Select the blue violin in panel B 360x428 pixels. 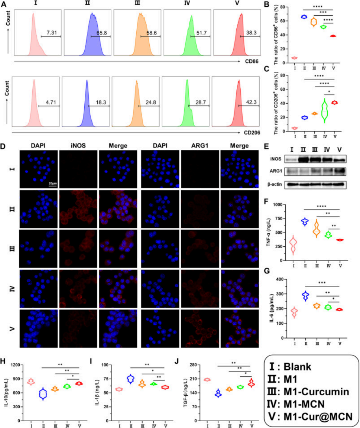(x=304, y=17)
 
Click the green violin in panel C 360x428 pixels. (x=325, y=110)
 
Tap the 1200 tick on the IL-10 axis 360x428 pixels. (x=16, y=365)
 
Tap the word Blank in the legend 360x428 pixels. (x=297, y=367)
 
